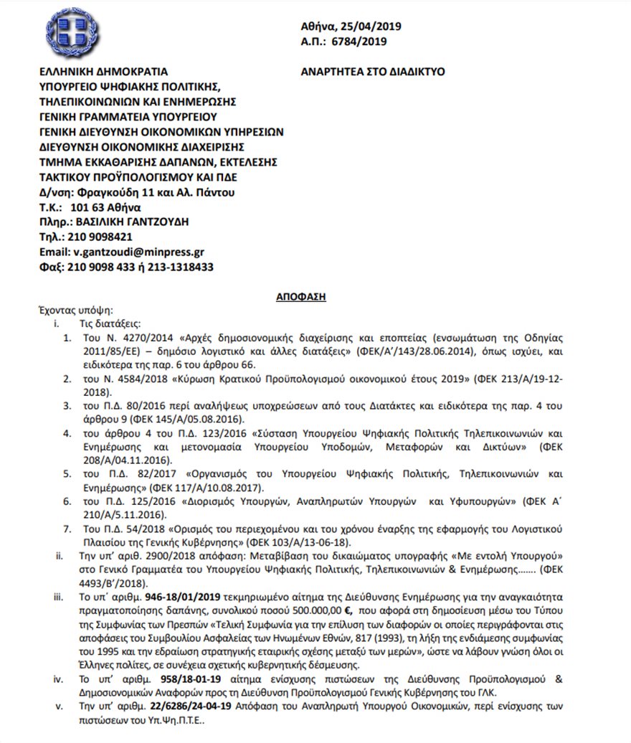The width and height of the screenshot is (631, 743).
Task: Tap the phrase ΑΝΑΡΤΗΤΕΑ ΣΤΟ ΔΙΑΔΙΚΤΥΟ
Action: pos(374,72)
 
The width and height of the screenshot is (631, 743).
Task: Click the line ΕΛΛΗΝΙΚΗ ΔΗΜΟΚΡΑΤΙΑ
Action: pos(103,72)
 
